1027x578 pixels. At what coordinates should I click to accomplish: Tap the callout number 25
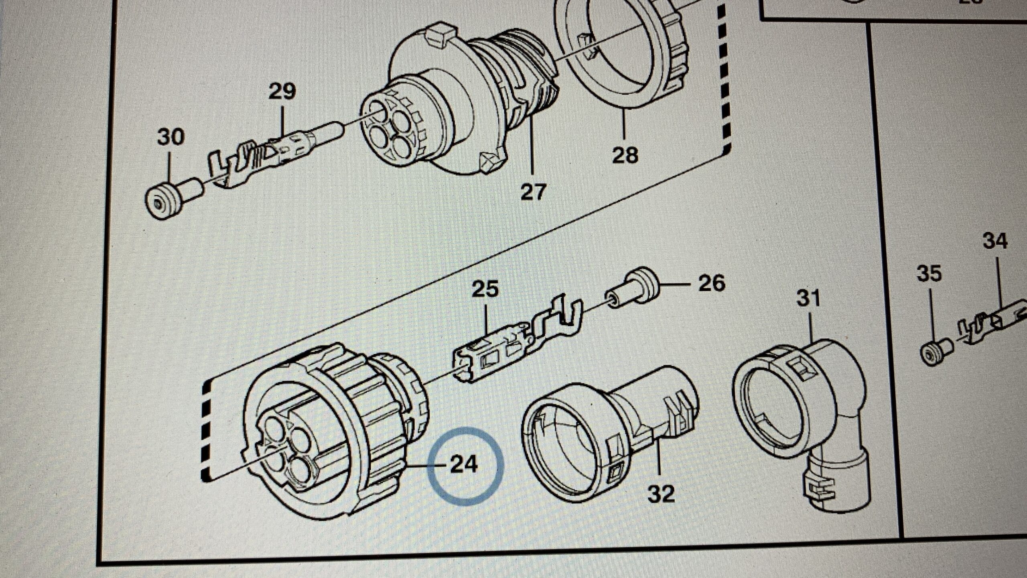tap(485, 289)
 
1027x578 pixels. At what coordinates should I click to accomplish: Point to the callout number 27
tap(534, 191)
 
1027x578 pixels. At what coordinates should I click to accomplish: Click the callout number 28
tap(625, 155)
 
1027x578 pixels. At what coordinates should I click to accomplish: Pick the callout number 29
tap(282, 91)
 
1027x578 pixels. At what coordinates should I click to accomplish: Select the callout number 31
tap(808, 299)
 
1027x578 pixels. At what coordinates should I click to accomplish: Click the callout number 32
tap(661, 493)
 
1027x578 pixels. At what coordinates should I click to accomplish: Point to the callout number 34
tap(995, 242)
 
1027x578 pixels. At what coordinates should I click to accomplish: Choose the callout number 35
tap(929, 274)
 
